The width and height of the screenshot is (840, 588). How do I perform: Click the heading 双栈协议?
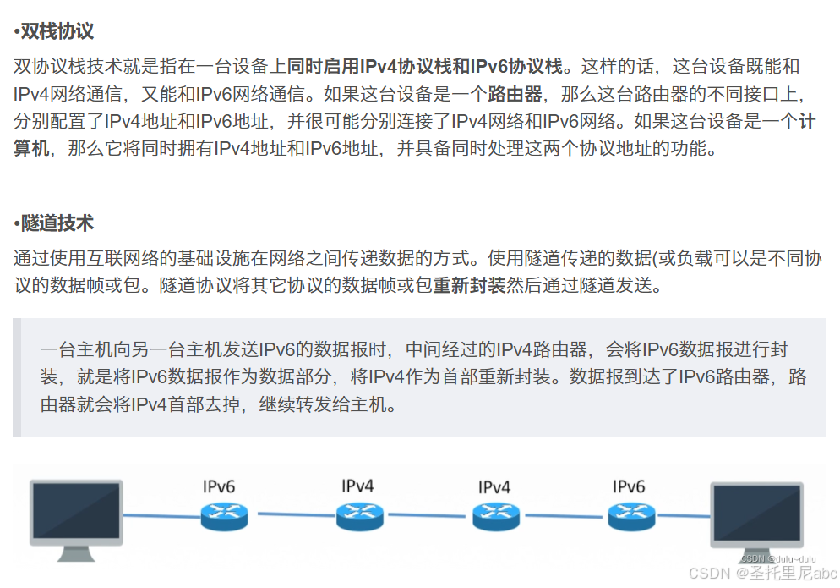coord(57,33)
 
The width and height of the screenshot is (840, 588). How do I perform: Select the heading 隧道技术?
coord(57,224)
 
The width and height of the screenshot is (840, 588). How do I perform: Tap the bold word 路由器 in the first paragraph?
coord(515,94)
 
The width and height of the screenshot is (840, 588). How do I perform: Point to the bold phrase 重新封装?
coord(469,285)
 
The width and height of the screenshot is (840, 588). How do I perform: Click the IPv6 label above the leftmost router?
coord(219,486)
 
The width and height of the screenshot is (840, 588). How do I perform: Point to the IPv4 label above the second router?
coord(357,486)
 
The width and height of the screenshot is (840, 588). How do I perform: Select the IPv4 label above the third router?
coord(494,487)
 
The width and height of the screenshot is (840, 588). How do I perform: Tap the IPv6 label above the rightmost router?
coord(629,486)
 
